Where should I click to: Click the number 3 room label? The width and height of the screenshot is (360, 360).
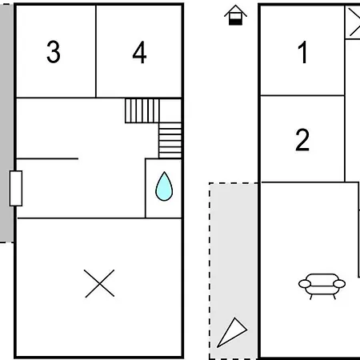[54, 52]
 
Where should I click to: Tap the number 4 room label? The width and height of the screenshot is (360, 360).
[139, 52]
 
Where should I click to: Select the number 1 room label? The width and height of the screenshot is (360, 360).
[302, 52]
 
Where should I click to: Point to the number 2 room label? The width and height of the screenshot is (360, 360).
[302, 140]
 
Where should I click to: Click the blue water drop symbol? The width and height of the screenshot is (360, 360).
[164, 186]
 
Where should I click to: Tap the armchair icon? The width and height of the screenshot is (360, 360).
[322, 286]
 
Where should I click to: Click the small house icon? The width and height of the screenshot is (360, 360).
[235, 15]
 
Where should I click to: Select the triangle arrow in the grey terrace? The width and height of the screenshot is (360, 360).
[231, 333]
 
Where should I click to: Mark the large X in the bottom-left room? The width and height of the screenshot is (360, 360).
[99, 283]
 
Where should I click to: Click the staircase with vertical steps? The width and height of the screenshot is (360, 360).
[142, 110]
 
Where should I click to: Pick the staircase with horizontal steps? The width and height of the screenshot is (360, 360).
[170, 141]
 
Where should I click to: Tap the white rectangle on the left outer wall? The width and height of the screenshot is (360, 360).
[16, 188]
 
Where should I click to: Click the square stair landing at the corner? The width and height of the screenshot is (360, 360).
[170, 110]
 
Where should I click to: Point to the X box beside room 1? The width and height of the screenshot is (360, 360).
[353, 22]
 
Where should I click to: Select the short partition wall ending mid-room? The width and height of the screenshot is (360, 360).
[47, 158]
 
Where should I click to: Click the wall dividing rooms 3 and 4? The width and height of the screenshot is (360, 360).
[96, 51]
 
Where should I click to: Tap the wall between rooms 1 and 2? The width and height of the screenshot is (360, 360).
[302, 95]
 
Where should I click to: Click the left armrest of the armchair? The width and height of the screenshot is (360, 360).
[305, 284]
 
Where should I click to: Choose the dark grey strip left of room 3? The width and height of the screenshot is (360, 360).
[6, 122]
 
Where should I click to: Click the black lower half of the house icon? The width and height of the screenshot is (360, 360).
[235, 22]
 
